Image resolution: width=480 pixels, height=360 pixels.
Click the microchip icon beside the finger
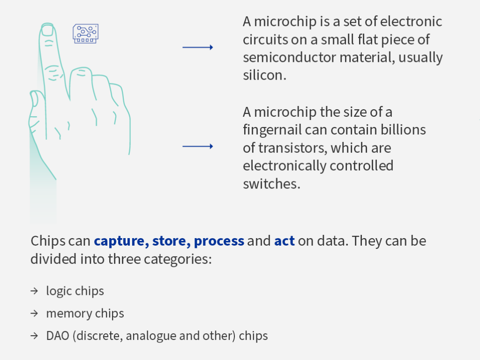pyautogui.click(x=86, y=33)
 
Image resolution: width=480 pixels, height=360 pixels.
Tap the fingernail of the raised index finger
pyautogui.click(x=47, y=30)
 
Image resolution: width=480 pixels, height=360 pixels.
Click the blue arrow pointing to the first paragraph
pyautogui.click(x=198, y=47)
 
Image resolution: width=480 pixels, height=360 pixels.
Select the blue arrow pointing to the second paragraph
pyautogui.click(x=198, y=146)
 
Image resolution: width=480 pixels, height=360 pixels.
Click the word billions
pyautogui.click(x=403, y=129)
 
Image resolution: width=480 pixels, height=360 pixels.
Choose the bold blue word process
pyautogui.click(x=219, y=241)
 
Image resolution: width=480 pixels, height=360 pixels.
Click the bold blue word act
pyautogui.click(x=285, y=241)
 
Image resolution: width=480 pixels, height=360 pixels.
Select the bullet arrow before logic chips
pyautogui.click(x=34, y=291)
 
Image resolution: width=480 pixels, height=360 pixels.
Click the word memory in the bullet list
pyautogui.click(x=69, y=314)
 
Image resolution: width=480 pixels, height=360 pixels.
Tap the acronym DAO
pyautogui.click(x=58, y=336)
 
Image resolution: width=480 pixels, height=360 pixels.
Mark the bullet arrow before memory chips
pyautogui.click(x=34, y=313)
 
